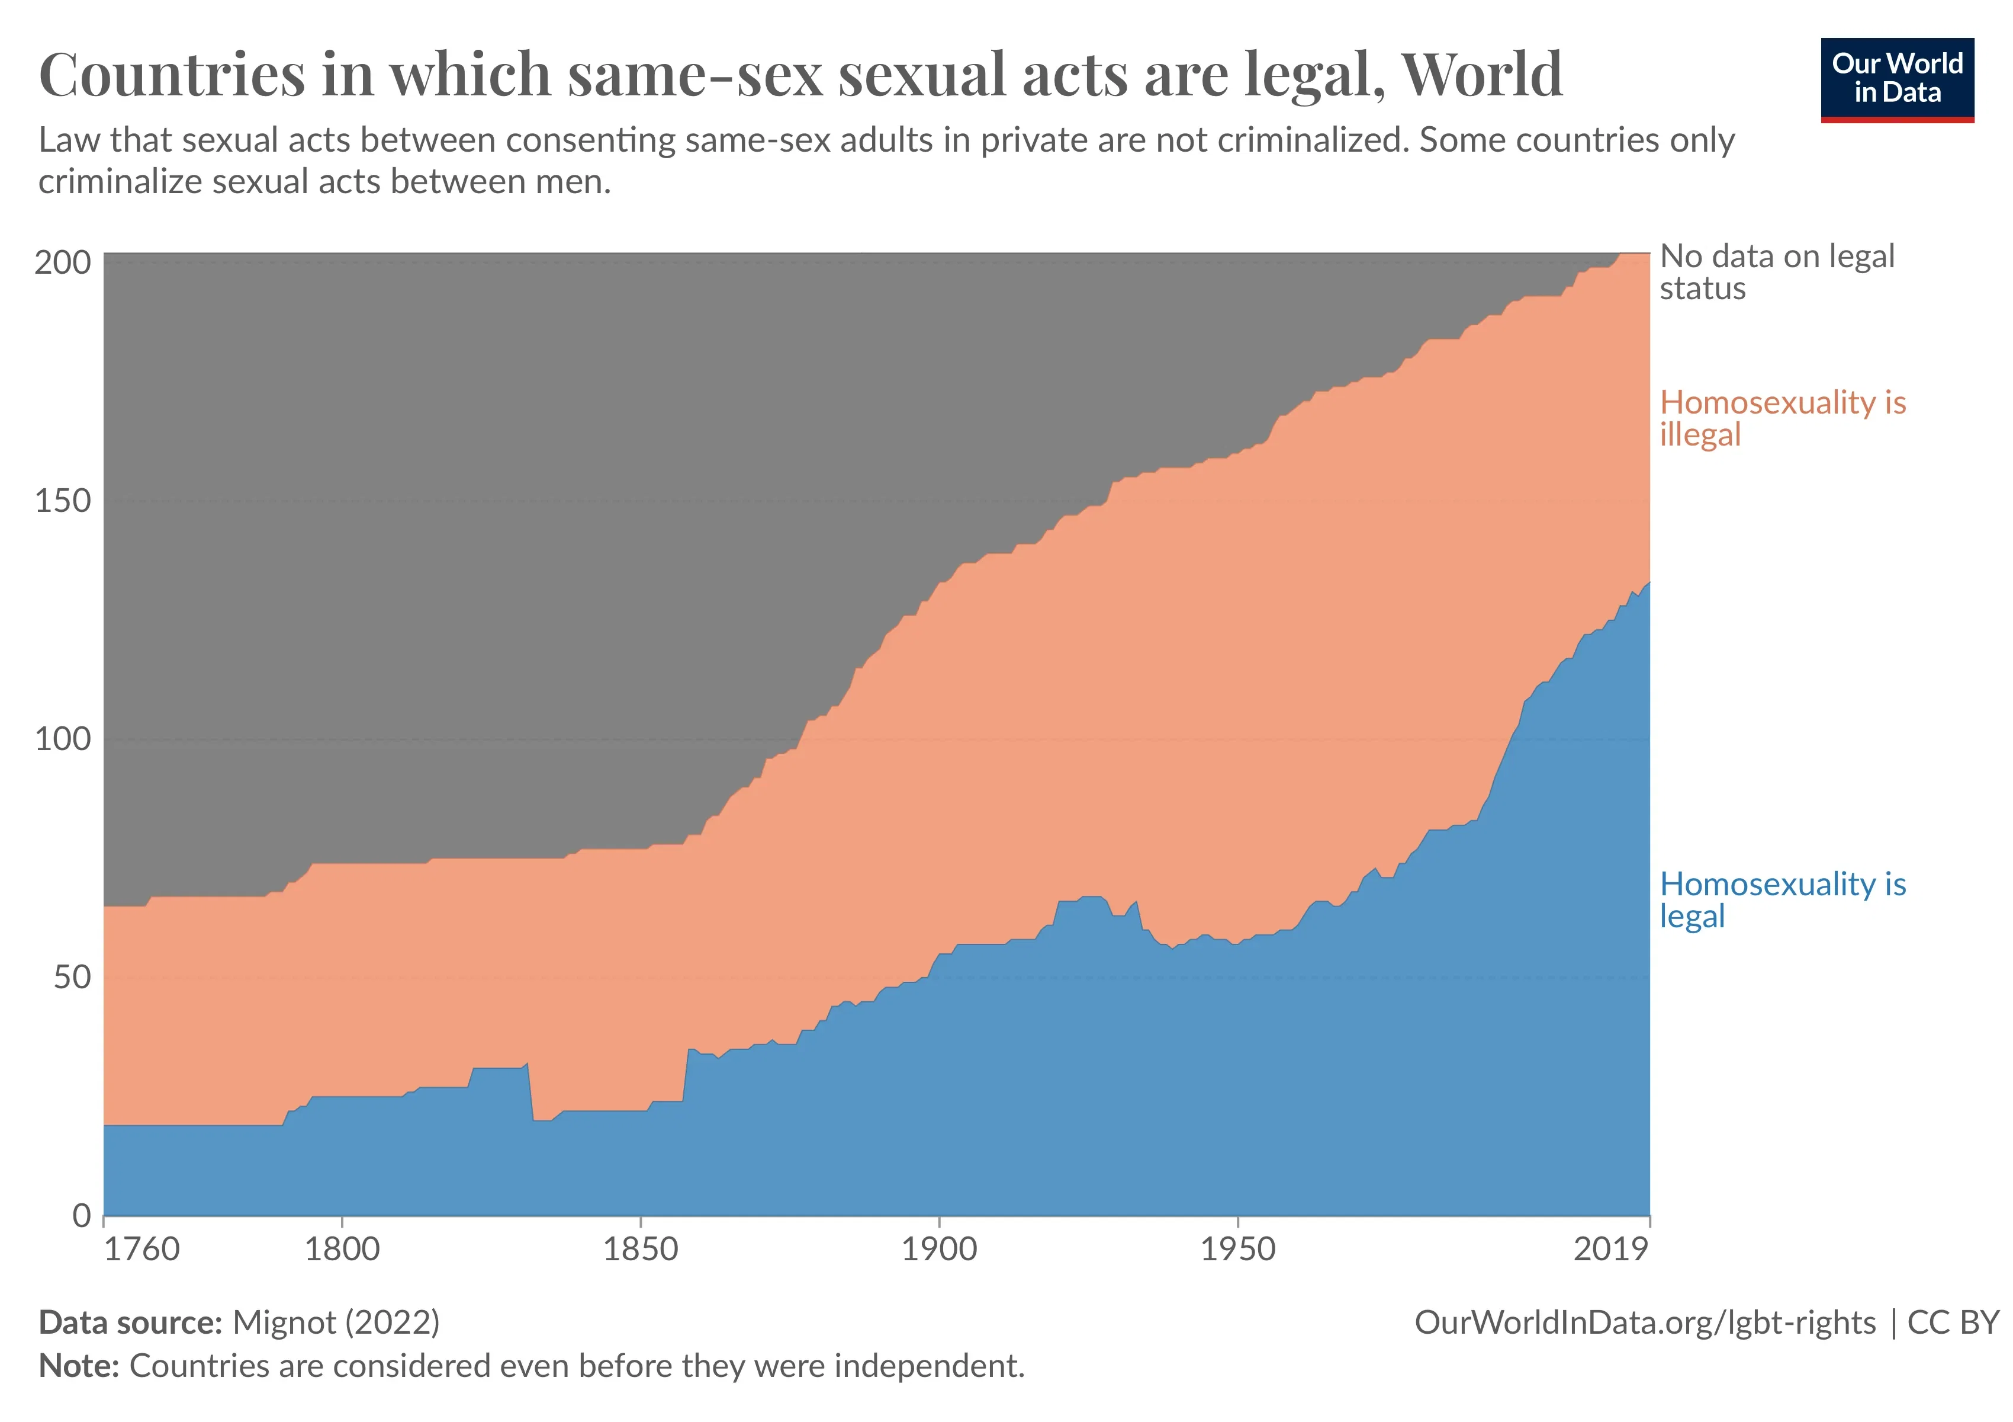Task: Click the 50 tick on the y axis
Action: coord(72,977)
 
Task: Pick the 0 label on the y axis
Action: coord(82,1216)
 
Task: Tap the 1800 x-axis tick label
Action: coord(342,1249)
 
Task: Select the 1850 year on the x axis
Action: coord(640,1249)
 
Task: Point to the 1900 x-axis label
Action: coord(939,1249)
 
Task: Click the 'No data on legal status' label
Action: coord(1776,272)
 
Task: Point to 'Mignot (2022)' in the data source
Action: coord(336,1322)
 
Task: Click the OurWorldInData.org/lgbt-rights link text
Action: coord(1645,1322)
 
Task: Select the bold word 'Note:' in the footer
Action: coord(79,1366)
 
